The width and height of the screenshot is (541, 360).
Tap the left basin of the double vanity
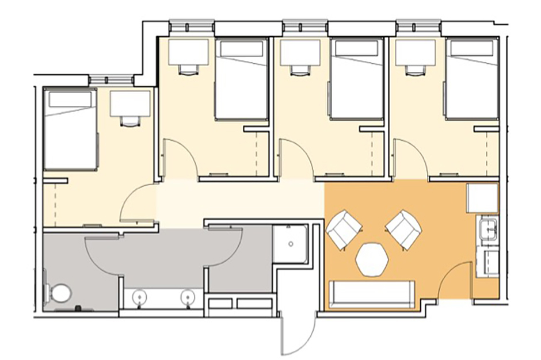[139, 297]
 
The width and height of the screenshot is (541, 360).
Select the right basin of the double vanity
[187, 297]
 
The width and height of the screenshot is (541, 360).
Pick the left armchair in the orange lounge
[344, 230]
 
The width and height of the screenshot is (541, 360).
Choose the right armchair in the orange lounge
[404, 229]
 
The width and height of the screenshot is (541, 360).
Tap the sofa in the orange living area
[371, 294]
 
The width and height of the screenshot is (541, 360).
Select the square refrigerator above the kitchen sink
[482, 198]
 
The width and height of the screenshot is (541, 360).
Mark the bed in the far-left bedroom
[70, 130]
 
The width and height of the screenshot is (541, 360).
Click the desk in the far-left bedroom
[131, 104]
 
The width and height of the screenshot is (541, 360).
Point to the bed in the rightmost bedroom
[471, 79]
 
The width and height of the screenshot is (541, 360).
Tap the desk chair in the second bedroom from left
[187, 70]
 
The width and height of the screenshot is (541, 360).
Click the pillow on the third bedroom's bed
[357, 49]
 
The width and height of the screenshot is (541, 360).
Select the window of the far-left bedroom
[111, 79]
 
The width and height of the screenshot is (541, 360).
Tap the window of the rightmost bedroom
[419, 26]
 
